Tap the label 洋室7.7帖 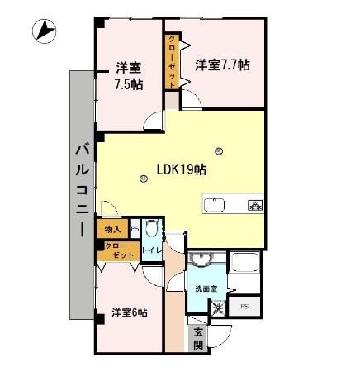click(222, 64)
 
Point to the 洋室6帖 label click(130, 312)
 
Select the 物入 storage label click(112, 229)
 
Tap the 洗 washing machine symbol click(218, 308)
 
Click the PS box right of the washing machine click(244, 308)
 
